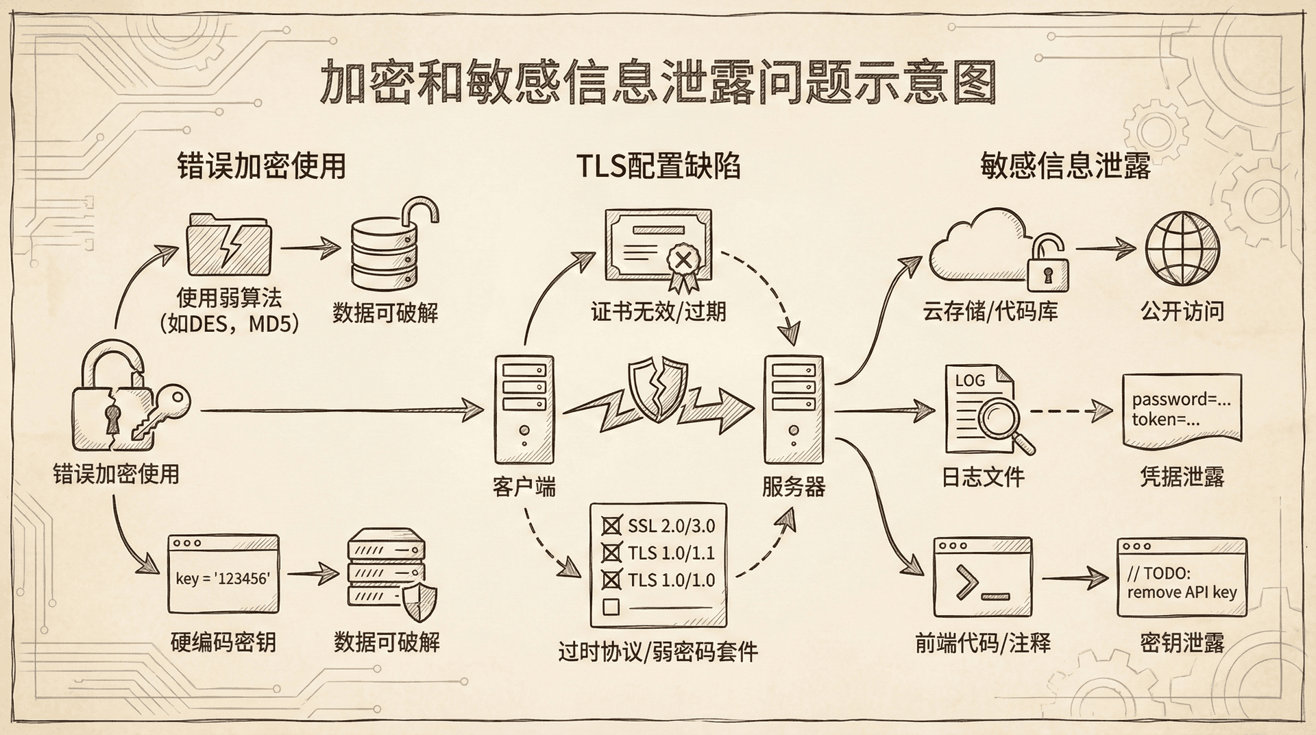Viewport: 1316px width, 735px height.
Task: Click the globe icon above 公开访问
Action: (1182, 249)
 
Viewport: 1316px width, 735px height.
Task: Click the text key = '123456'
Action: (223, 579)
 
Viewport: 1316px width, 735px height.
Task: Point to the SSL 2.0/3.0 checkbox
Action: (611, 526)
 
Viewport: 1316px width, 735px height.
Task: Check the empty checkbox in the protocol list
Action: (611, 607)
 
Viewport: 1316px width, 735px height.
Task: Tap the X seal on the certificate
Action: (682, 260)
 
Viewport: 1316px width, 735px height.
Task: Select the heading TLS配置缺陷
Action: (657, 167)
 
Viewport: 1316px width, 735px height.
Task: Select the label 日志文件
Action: (983, 477)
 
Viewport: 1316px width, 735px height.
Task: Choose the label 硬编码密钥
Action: (223, 642)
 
